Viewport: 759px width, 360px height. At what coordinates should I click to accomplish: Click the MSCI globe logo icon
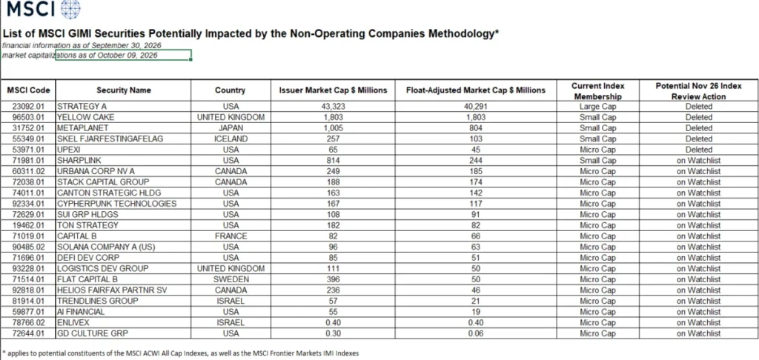(70, 9)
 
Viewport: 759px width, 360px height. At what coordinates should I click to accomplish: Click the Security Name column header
(124, 90)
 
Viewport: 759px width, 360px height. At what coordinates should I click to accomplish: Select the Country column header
(230, 90)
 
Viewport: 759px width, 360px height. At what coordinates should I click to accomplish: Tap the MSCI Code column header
(28, 90)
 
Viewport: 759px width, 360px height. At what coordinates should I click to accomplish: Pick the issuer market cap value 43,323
(333, 107)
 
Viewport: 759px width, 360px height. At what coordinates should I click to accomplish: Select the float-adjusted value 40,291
(475, 107)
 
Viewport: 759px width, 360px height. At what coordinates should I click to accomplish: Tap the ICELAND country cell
(231, 139)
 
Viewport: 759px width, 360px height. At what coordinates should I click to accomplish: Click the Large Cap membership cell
(598, 107)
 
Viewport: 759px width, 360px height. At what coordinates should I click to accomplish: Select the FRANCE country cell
(231, 236)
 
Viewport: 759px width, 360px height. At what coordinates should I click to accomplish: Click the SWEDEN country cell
(231, 279)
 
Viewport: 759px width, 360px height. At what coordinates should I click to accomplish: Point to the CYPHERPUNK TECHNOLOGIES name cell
(116, 204)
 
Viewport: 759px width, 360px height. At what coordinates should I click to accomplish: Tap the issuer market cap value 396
(333, 279)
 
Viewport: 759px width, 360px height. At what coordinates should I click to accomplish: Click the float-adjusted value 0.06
(475, 333)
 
